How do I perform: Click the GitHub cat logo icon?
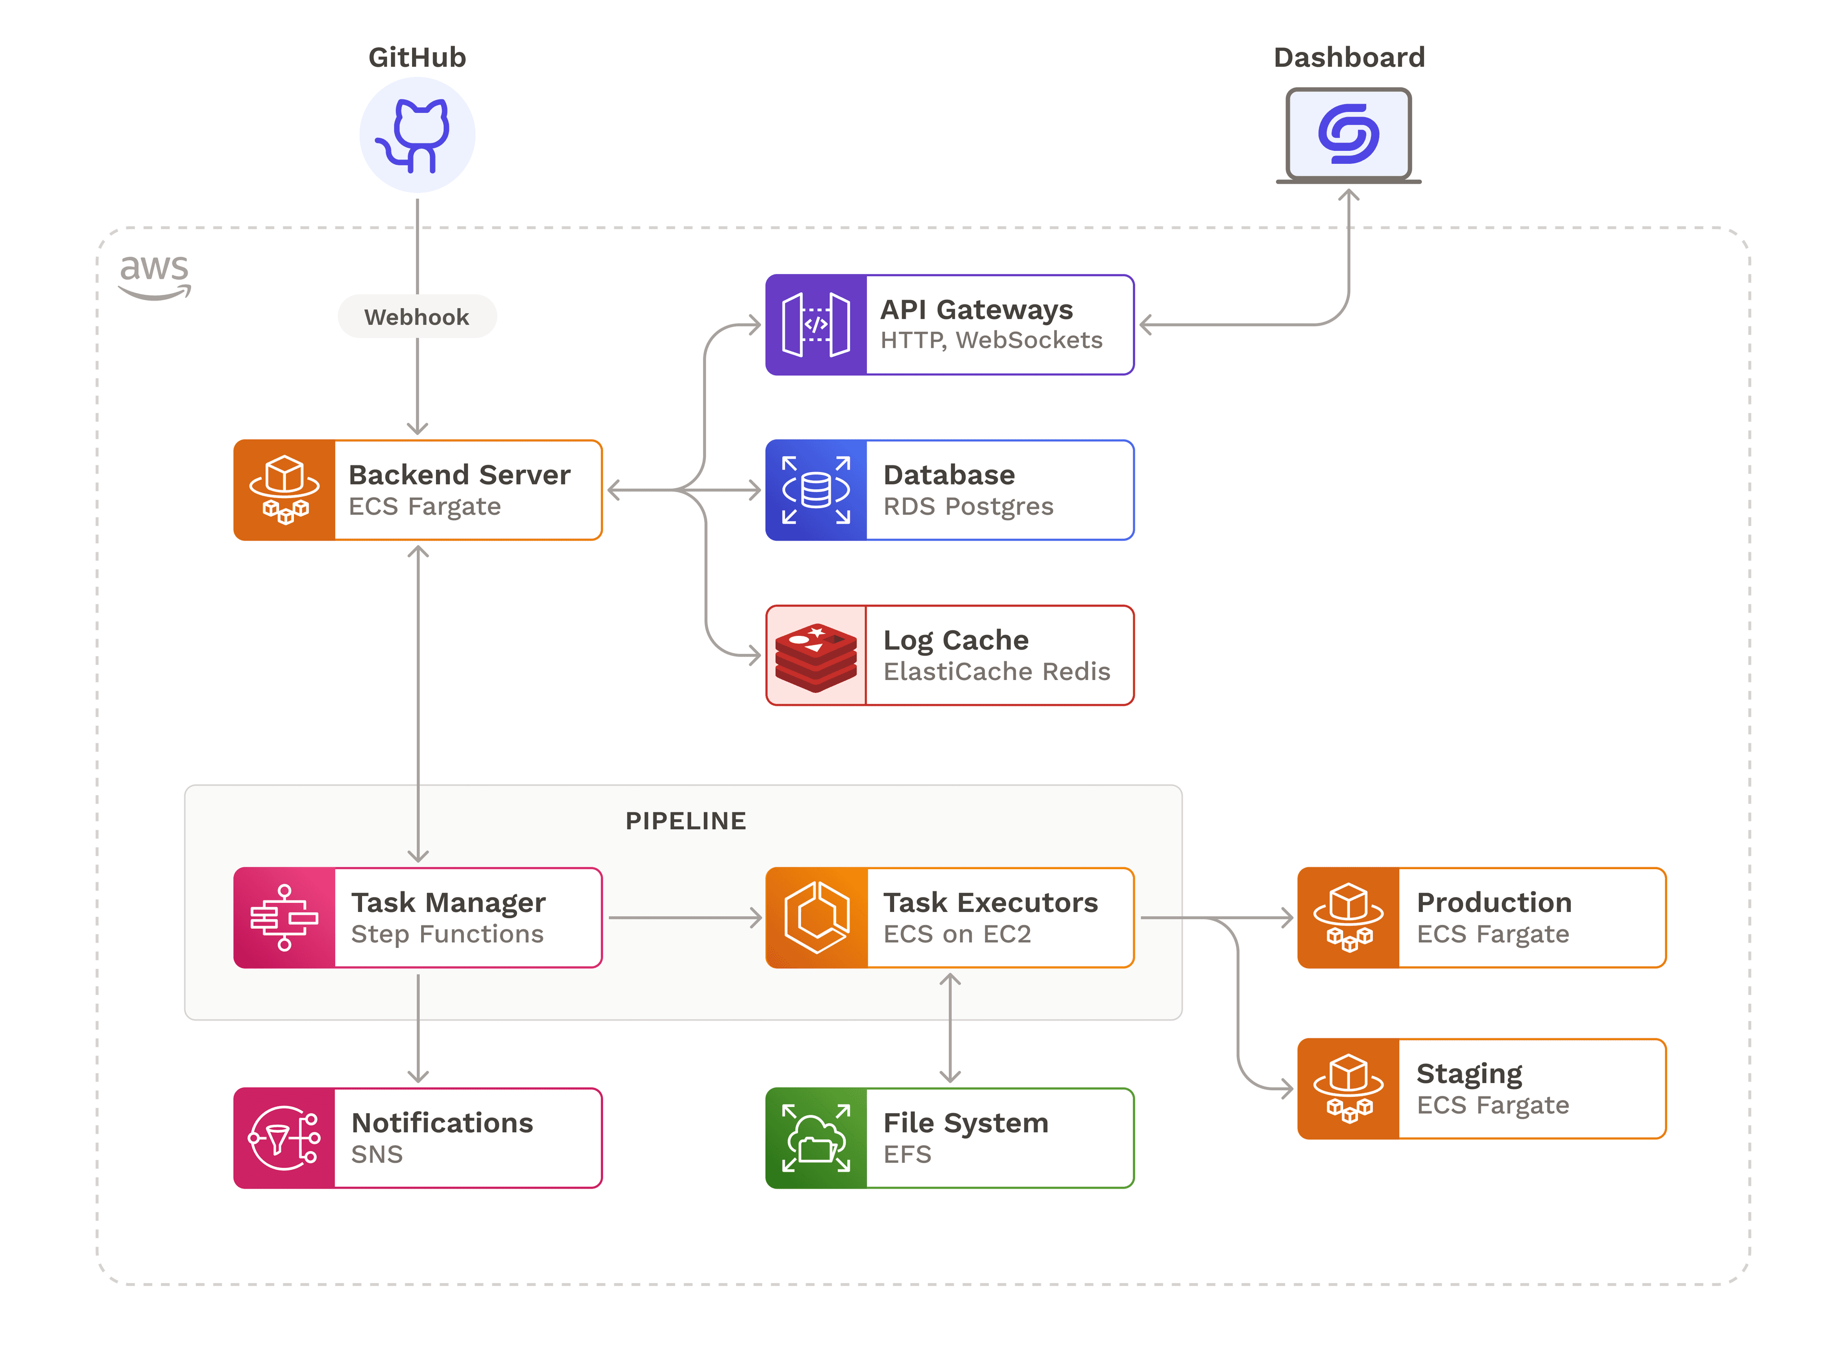click(x=417, y=135)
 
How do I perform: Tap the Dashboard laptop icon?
click(x=1348, y=136)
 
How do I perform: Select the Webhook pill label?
click(x=417, y=317)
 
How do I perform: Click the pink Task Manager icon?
click(x=285, y=918)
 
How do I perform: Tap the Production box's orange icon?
click(x=1348, y=918)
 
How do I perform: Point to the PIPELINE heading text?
click(x=686, y=821)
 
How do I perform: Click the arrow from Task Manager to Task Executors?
click(x=685, y=917)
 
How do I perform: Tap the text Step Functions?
click(x=447, y=935)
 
